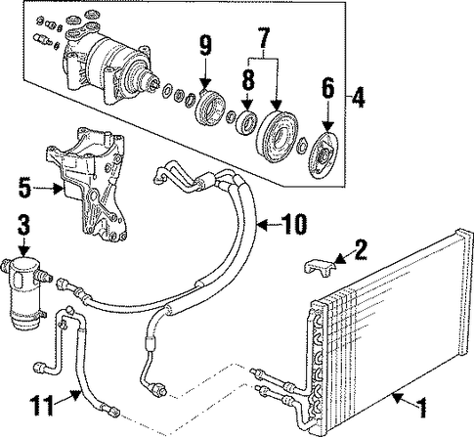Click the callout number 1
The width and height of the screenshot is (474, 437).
[422, 408]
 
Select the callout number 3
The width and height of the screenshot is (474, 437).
[23, 224]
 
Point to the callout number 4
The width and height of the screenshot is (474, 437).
[358, 97]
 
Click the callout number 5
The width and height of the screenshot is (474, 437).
[24, 187]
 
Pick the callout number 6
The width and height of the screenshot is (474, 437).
[327, 89]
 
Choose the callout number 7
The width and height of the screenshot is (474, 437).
[263, 37]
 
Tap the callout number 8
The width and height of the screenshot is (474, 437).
[248, 79]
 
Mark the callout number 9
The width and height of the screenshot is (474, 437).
[205, 46]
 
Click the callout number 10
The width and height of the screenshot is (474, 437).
[293, 224]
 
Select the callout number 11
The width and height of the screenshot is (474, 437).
[43, 405]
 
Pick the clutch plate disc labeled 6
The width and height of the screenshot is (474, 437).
[323, 155]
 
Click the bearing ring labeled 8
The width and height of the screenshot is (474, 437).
[247, 122]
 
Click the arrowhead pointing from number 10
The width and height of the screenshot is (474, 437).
[262, 225]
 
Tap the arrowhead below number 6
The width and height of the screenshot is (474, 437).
[327, 126]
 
